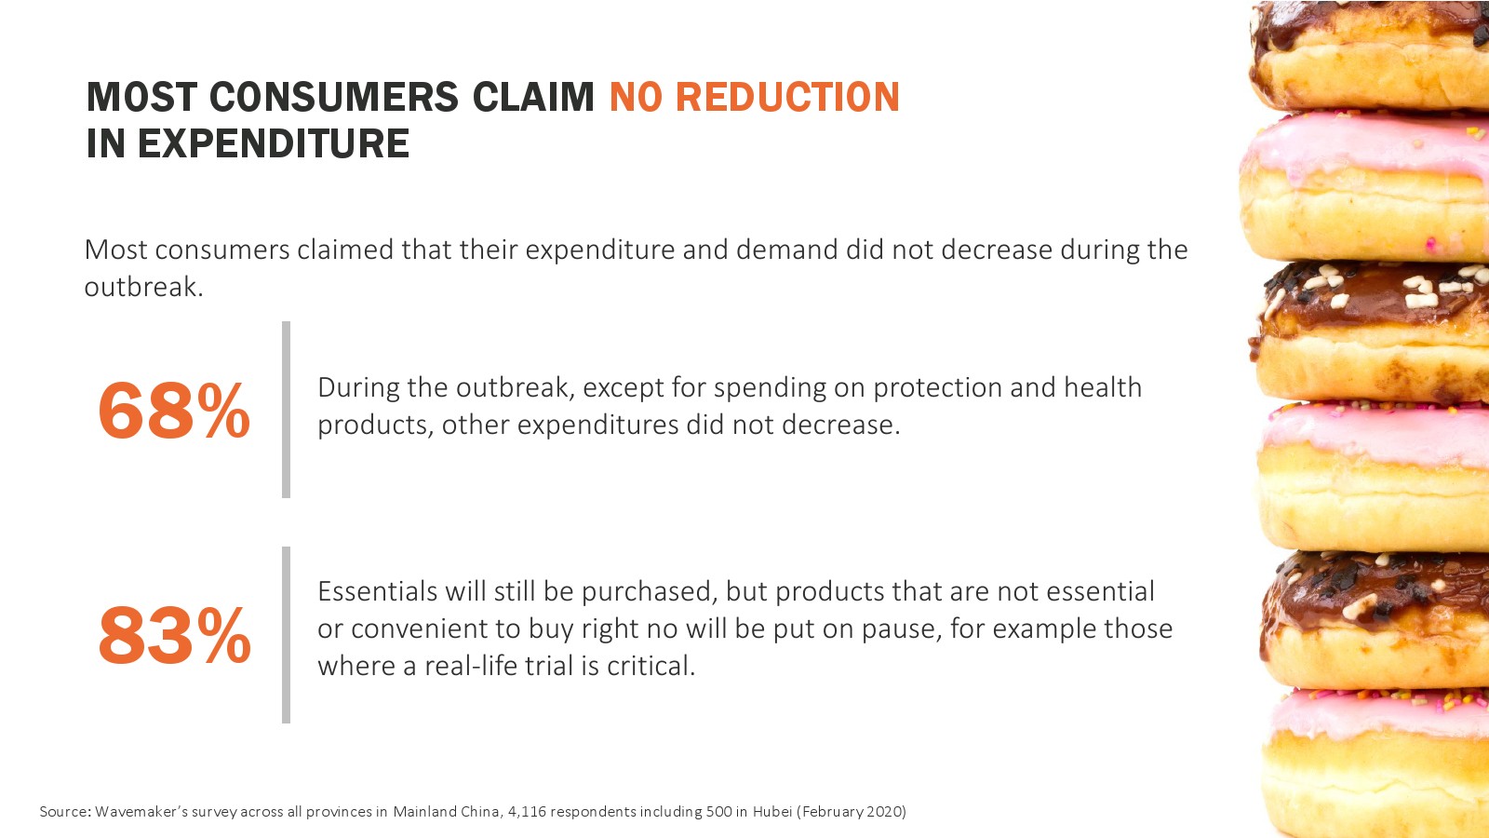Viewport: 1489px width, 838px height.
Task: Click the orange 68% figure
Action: [174, 411]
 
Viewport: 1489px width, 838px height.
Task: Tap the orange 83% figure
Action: [174, 635]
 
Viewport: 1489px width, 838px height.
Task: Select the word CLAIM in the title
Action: [533, 97]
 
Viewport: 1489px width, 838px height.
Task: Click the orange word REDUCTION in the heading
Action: [787, 97]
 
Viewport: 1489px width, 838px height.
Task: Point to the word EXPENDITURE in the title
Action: [274, 143]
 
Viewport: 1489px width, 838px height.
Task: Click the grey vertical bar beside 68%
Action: [286, 410]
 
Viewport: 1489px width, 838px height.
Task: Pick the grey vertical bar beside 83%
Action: [286, 635]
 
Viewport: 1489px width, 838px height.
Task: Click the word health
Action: [1103, 387]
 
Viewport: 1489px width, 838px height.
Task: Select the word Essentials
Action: [377, 591]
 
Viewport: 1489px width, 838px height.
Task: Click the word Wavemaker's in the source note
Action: [141, 811]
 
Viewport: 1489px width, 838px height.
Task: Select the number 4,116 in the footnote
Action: [527, 812]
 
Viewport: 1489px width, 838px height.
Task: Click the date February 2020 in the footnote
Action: [852, 812]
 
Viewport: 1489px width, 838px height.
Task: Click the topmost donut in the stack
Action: [1369, 55]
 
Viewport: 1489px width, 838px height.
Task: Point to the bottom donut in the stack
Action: [1376, 764]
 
